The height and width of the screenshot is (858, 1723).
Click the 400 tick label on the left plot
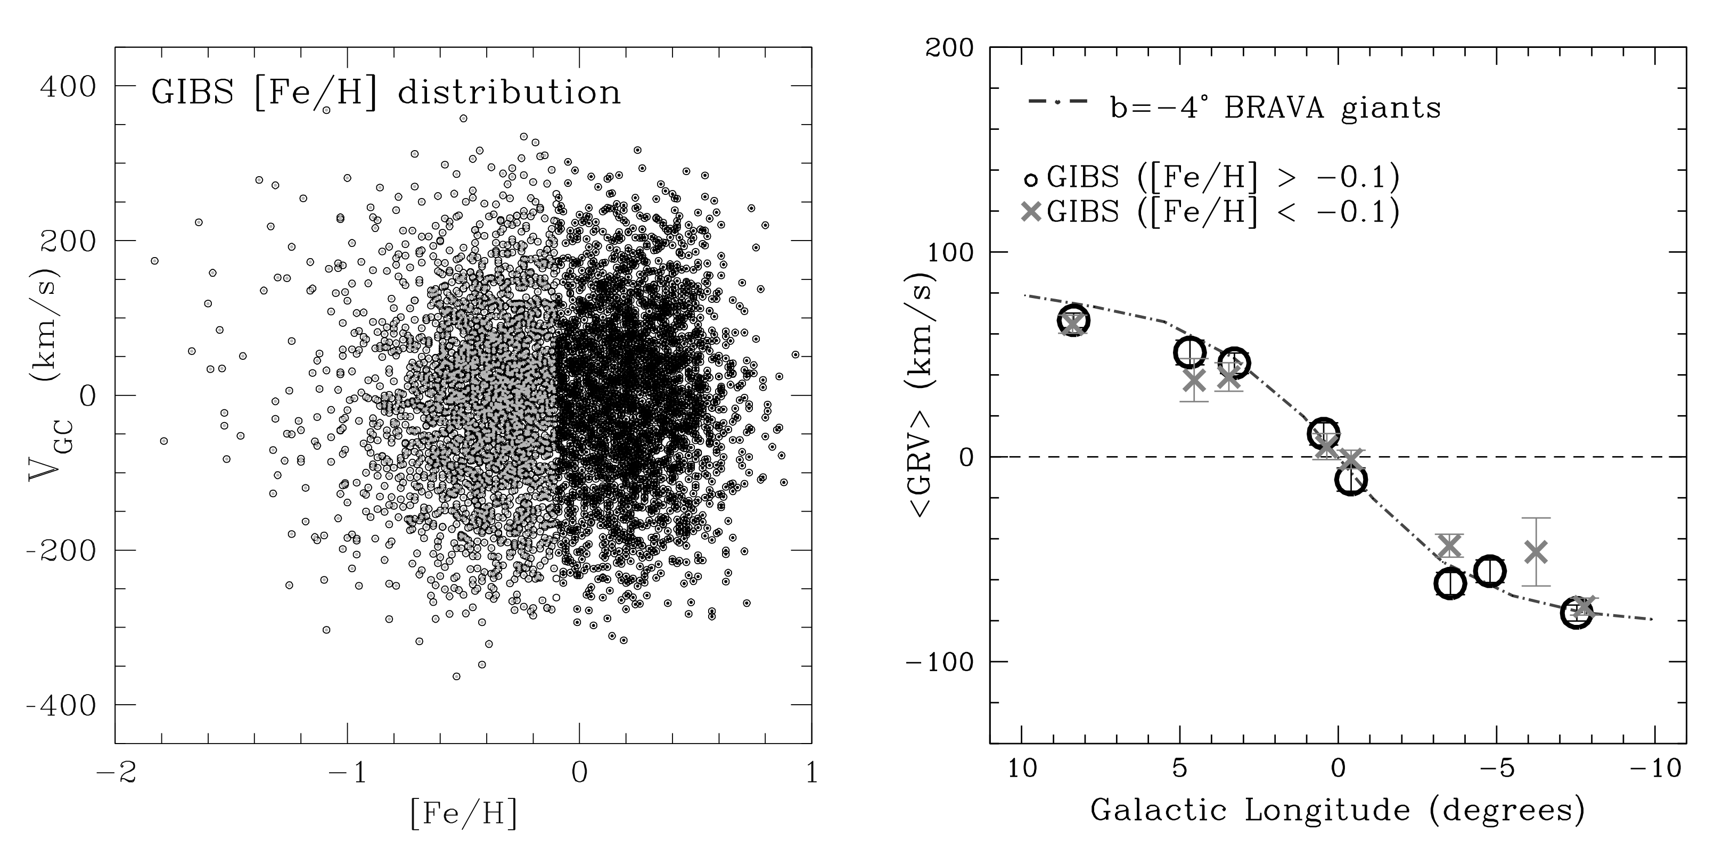tap(68, 86)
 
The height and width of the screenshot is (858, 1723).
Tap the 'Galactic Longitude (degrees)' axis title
tap(1338, 810)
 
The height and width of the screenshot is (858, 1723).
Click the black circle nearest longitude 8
tap(1073, 321)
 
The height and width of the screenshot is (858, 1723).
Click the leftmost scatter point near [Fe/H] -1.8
tap(154, 261)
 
